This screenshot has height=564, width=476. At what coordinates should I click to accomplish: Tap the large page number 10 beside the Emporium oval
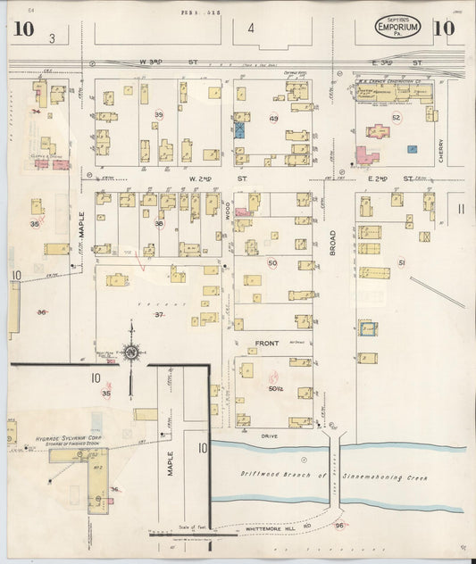(x=444, y=28)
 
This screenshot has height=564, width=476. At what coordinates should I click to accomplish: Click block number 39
(x=159, y=115)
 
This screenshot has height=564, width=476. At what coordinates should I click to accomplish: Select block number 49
(x=273, y=119)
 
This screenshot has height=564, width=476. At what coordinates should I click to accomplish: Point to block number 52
(x=396, y=117)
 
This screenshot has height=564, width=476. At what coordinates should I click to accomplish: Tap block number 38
(x=159, y=224)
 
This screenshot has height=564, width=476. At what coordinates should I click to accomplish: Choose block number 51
(x=402, y=262)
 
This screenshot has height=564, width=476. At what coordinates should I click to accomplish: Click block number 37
(x=159, y=314)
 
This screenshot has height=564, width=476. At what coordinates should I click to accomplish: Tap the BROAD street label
(x=332, y=242)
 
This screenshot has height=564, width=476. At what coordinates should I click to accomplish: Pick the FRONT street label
(x=268, y=343)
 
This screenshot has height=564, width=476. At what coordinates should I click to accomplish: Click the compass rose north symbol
(x=132, y=353)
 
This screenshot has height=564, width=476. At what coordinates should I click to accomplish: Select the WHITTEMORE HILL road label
(x=272, y=528)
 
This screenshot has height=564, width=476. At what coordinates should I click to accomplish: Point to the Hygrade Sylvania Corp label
(x=78, y=440)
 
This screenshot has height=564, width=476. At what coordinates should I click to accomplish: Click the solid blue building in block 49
(x=239, y=129)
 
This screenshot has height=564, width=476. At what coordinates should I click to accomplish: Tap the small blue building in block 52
(x=412, y=149)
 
